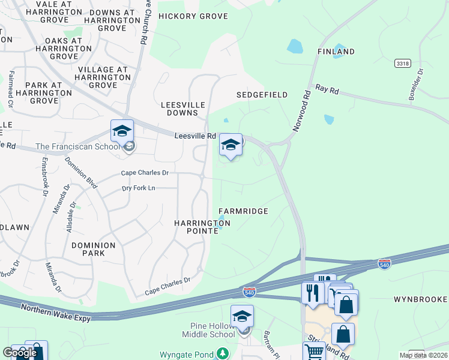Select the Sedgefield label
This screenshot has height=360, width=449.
pos(262,95)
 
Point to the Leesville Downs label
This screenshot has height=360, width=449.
pos(179,109)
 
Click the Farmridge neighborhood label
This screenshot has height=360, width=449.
pos(243,211)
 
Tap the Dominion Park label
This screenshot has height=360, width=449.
pos(93,249)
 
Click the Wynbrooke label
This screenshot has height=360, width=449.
pos(421,299)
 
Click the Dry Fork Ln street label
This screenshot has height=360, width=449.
pos(139,188)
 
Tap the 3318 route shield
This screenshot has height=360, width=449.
pos(403,63)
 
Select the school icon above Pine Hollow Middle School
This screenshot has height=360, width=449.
pos(242,316)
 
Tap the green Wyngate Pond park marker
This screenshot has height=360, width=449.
pos(223,354)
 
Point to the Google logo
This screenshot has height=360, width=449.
pos(19,353)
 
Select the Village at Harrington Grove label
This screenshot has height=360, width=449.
pos(103,77)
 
